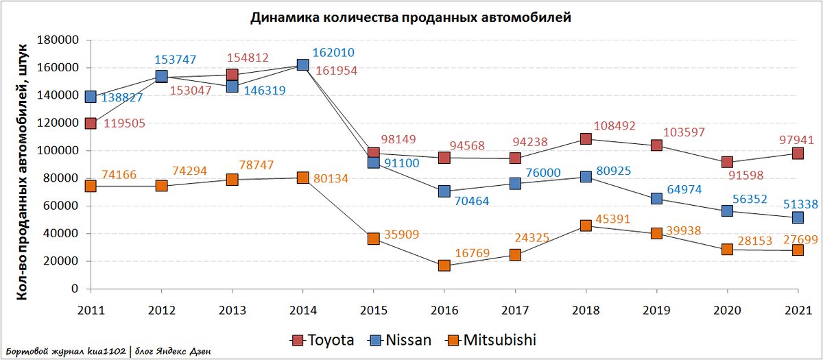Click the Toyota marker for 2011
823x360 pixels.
(91, 123)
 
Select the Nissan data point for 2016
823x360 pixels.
(444, 191)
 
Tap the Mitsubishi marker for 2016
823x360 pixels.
(444, 265)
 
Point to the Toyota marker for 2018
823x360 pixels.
(586, 139)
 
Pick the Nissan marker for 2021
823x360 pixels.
(798, 217)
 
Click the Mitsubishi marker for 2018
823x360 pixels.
(586, 226)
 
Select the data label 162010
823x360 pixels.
(333, 52)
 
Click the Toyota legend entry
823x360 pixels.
(324, 340)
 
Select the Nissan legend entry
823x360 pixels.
(401, 340)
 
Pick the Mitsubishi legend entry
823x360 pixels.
(490, 340)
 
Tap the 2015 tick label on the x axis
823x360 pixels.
(373, 309)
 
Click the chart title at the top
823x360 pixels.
(410, 18)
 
